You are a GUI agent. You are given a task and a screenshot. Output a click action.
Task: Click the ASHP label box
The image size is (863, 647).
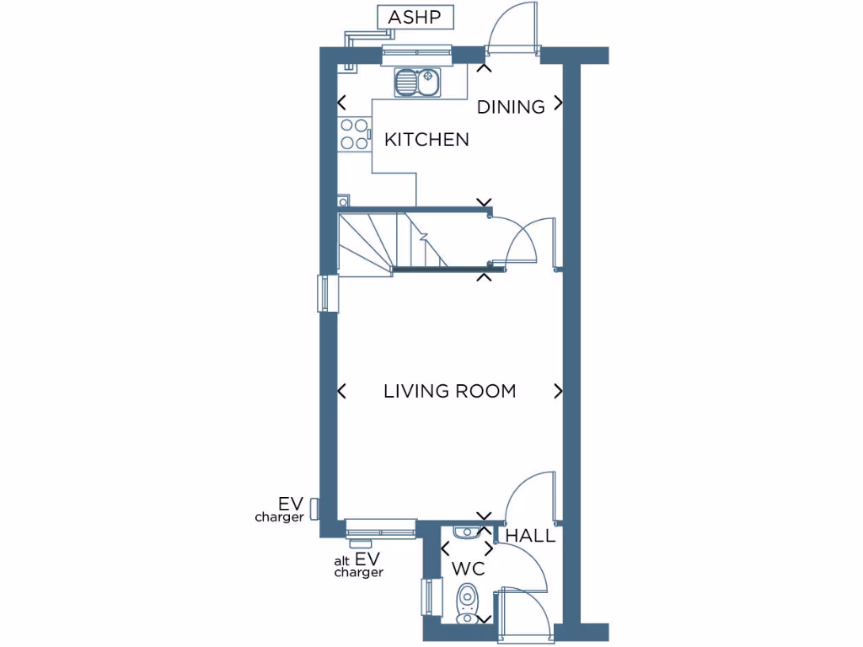(x=415, y=17)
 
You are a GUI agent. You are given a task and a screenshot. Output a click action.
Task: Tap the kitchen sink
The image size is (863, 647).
(x=418, y=83)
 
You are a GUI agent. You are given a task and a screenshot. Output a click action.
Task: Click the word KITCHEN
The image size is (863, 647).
(x=426, y=139)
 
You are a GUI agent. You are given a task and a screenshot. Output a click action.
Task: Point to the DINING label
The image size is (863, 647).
(x=511, y=107)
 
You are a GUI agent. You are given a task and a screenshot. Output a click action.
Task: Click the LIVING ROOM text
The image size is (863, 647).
(x=449, y=391)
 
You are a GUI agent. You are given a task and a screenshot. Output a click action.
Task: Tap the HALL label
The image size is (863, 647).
(x=530, y=536)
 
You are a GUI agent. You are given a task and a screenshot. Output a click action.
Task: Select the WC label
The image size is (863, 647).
(x=469, y=569)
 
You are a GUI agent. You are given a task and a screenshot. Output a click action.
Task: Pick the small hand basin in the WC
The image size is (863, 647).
(x=466, y=531)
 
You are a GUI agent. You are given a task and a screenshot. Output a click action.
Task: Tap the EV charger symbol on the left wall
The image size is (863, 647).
(x=314, y=508)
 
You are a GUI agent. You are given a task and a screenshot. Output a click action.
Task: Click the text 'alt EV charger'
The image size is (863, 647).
(x=360, y=565)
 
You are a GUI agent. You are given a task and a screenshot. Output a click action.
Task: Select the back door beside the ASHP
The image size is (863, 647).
(x=512, y=29)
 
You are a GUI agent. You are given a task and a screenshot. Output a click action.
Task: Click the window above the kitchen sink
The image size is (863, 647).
(x=416, y=55)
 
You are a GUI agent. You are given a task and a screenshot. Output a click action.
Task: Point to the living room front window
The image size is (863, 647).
(x=381, y=528)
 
